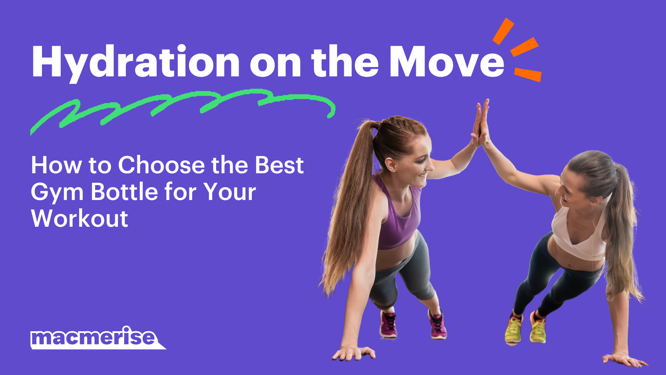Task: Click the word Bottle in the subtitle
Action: coord(124,192)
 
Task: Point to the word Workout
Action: coord(80,219)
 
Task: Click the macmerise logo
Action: coord(94,337)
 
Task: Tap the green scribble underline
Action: coord(180,104)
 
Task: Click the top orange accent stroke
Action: coord(503,31)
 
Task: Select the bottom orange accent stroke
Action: coord(528,74)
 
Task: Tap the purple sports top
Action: coord(399,219)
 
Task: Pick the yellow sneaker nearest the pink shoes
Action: coord(513,328)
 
